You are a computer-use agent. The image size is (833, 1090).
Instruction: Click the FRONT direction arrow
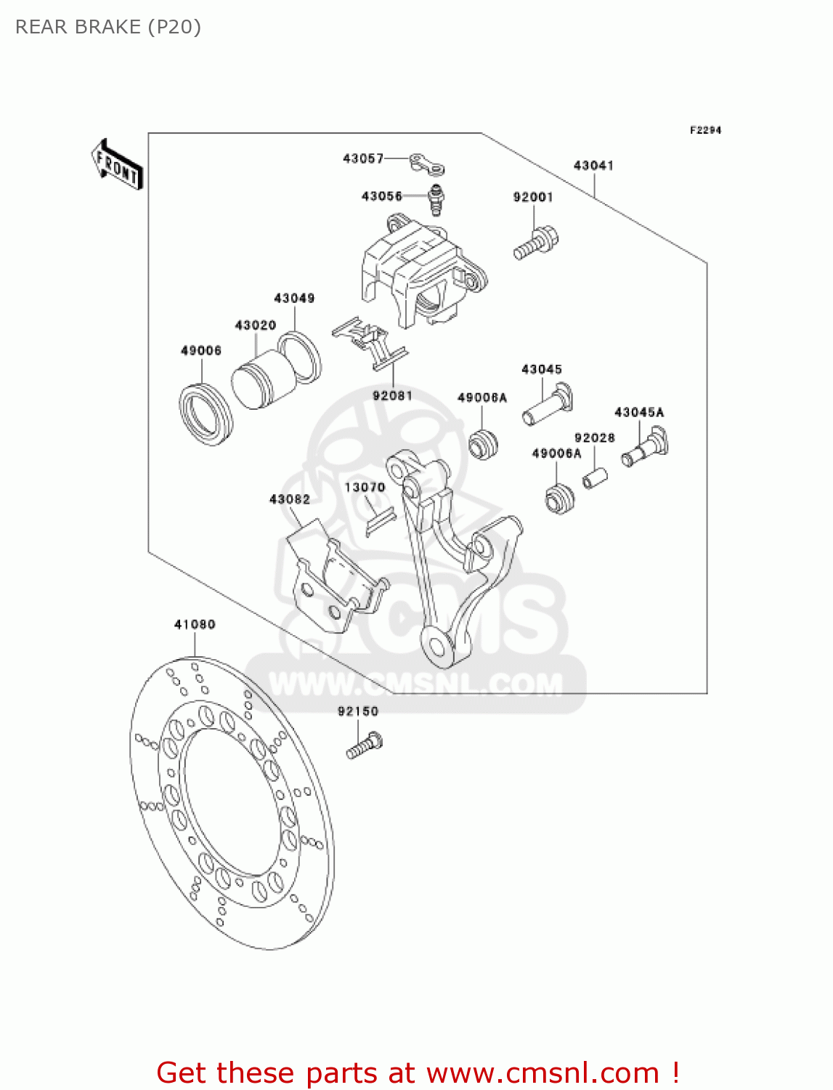(117, 165)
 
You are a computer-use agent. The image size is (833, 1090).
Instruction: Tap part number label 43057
(362, 158)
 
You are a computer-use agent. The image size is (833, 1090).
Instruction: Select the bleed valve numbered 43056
(436, 198)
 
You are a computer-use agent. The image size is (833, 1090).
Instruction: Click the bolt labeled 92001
(536, 243)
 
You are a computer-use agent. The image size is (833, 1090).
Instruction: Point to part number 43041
(593, 166)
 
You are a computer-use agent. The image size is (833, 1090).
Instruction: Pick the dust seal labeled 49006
(206, 413)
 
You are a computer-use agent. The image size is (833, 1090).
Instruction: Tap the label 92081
(392, 395)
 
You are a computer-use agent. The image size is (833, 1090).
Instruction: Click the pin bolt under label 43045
(547, 406)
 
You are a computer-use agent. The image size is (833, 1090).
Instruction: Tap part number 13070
(365, 488)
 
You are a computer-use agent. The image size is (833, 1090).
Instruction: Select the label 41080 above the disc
(195, 624)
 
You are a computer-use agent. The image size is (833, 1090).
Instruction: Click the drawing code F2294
(705, 130)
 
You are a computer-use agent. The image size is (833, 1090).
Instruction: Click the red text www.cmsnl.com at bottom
(543, 1073)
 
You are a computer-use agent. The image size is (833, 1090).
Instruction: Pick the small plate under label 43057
(426, 164)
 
